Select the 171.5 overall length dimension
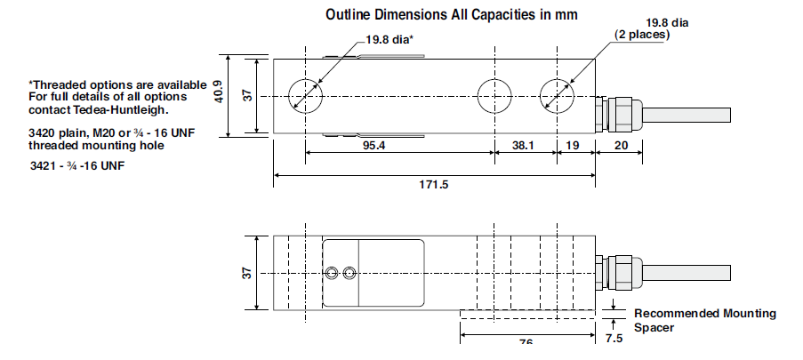433,185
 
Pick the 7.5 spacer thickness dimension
614,339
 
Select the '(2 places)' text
642,35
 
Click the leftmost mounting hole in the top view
305,96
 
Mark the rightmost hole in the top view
557,96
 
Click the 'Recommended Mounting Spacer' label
704,320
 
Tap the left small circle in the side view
330,272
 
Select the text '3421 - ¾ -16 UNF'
76,166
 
